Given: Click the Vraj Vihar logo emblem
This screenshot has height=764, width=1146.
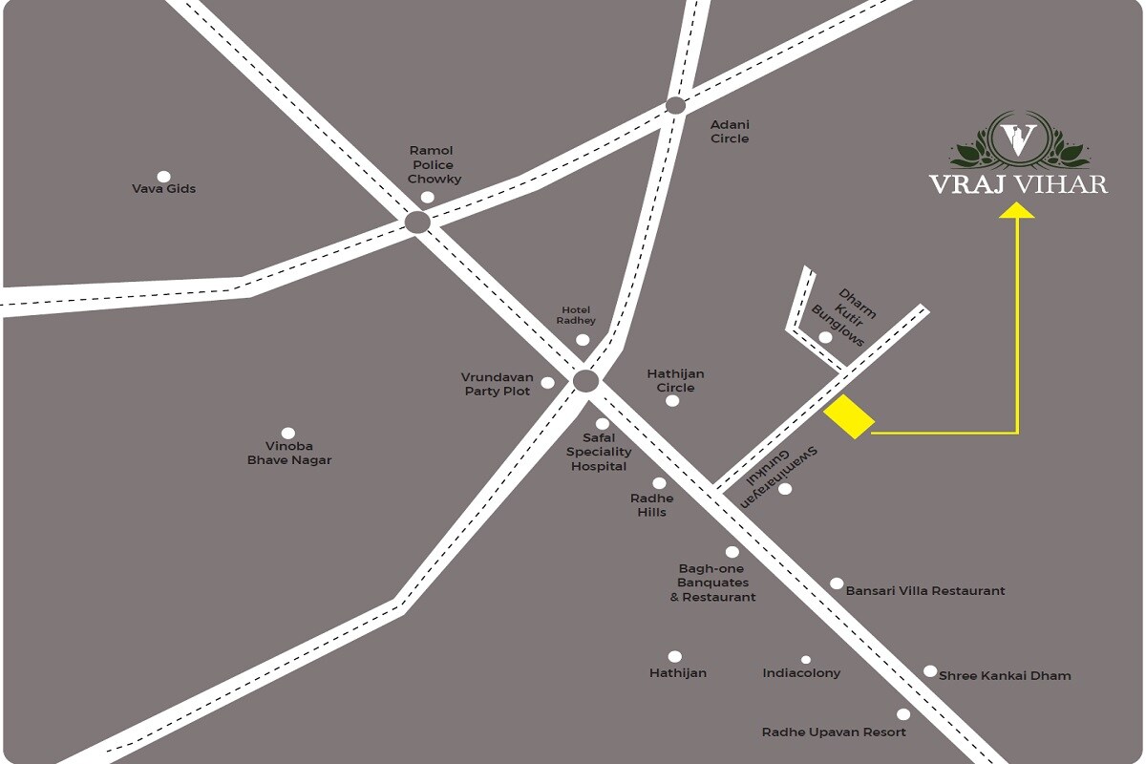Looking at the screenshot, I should click(1018, 139).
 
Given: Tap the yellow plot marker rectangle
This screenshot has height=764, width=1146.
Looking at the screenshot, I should click(849, 417).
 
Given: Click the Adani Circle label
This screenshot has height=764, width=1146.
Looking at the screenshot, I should click(730, 132).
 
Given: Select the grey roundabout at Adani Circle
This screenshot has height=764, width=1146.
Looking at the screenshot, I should click(675, 106).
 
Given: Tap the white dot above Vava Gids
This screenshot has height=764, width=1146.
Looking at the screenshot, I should click(163, 177).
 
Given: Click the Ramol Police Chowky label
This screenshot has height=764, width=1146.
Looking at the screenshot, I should click(432, 164).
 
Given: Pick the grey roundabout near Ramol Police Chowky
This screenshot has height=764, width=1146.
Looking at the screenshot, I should click(417, 223).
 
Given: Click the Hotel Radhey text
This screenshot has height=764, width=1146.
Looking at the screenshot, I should click(576, 315).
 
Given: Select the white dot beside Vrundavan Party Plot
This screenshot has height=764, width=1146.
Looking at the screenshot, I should click(547, 383).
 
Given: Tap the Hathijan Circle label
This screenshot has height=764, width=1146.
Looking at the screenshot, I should click(676, 381).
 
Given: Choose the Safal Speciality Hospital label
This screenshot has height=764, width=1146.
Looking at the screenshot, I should click(599, 452).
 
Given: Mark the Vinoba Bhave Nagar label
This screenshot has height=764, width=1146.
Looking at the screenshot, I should click(289, 453).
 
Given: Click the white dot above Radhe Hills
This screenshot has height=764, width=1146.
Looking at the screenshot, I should click(659, 483).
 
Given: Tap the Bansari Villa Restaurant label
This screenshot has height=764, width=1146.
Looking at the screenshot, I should click(925, 591).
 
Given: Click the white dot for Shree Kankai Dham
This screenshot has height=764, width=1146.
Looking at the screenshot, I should click(930, 671).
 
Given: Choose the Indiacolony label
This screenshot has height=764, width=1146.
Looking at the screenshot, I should click(801, 673).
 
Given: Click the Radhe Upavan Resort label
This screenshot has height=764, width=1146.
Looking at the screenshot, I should click(834, 732).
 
